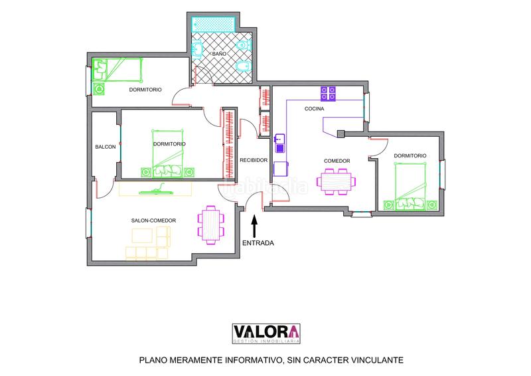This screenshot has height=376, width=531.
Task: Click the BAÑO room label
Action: coord(219,53)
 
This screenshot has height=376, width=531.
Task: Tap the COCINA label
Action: coord(314,108)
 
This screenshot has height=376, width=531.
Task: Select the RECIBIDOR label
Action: coord(253,160)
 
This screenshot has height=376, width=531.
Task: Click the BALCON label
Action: coord(106,147)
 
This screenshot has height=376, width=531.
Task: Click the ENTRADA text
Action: coord(258,243)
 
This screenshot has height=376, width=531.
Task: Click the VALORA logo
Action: coord(265,333)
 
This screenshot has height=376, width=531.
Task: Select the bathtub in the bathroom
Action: coord(213,24)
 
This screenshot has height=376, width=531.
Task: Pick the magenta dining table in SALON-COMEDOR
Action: coord(209,224)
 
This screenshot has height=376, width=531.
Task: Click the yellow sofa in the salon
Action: coord(150,243)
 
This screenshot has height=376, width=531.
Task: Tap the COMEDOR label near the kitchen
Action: coord(337,161)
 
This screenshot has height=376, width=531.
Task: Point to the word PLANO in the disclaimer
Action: coord(154,361)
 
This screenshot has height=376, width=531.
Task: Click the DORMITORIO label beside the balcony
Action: coord(169,143)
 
